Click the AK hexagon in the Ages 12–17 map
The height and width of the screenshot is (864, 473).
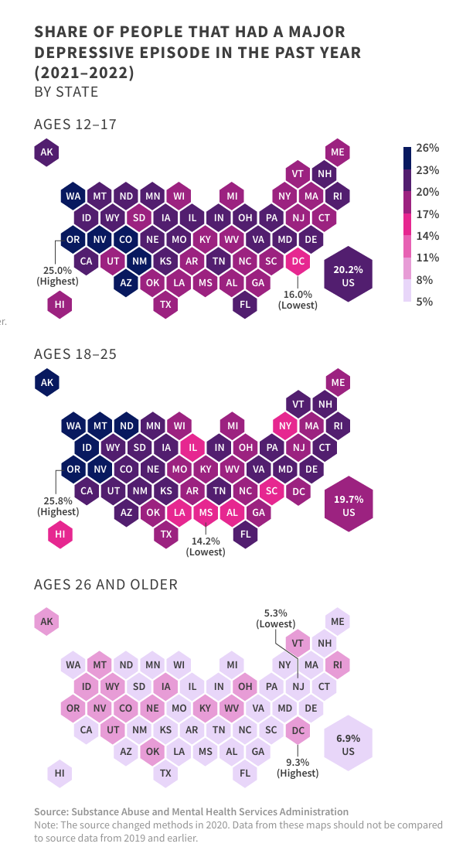(46, 152)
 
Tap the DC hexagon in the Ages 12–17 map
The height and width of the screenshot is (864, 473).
(298, 261)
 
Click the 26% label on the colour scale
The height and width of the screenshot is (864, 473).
(427, 148)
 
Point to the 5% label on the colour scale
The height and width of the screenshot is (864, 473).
(424, 302)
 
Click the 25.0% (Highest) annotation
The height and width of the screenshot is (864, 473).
(58, 276)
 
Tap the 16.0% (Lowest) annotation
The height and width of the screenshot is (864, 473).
(298, 299)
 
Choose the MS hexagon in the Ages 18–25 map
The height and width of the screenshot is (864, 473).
(205, 513)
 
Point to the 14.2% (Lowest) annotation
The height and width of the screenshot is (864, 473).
(206, 546)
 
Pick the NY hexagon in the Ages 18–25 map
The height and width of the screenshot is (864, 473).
(284, 425)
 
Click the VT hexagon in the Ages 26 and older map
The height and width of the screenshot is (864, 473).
(298, 643)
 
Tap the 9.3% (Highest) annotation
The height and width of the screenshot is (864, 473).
(298, 767)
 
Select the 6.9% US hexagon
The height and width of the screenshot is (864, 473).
(349, 745)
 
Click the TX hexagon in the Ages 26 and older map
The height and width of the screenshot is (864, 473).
(165, 773)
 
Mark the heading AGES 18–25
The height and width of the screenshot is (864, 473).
(75, 353)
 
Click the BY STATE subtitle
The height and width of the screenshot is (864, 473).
(66, 92)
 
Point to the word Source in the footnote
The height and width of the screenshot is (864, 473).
(51, 811)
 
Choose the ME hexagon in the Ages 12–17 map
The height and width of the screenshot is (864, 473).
(337, 152)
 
